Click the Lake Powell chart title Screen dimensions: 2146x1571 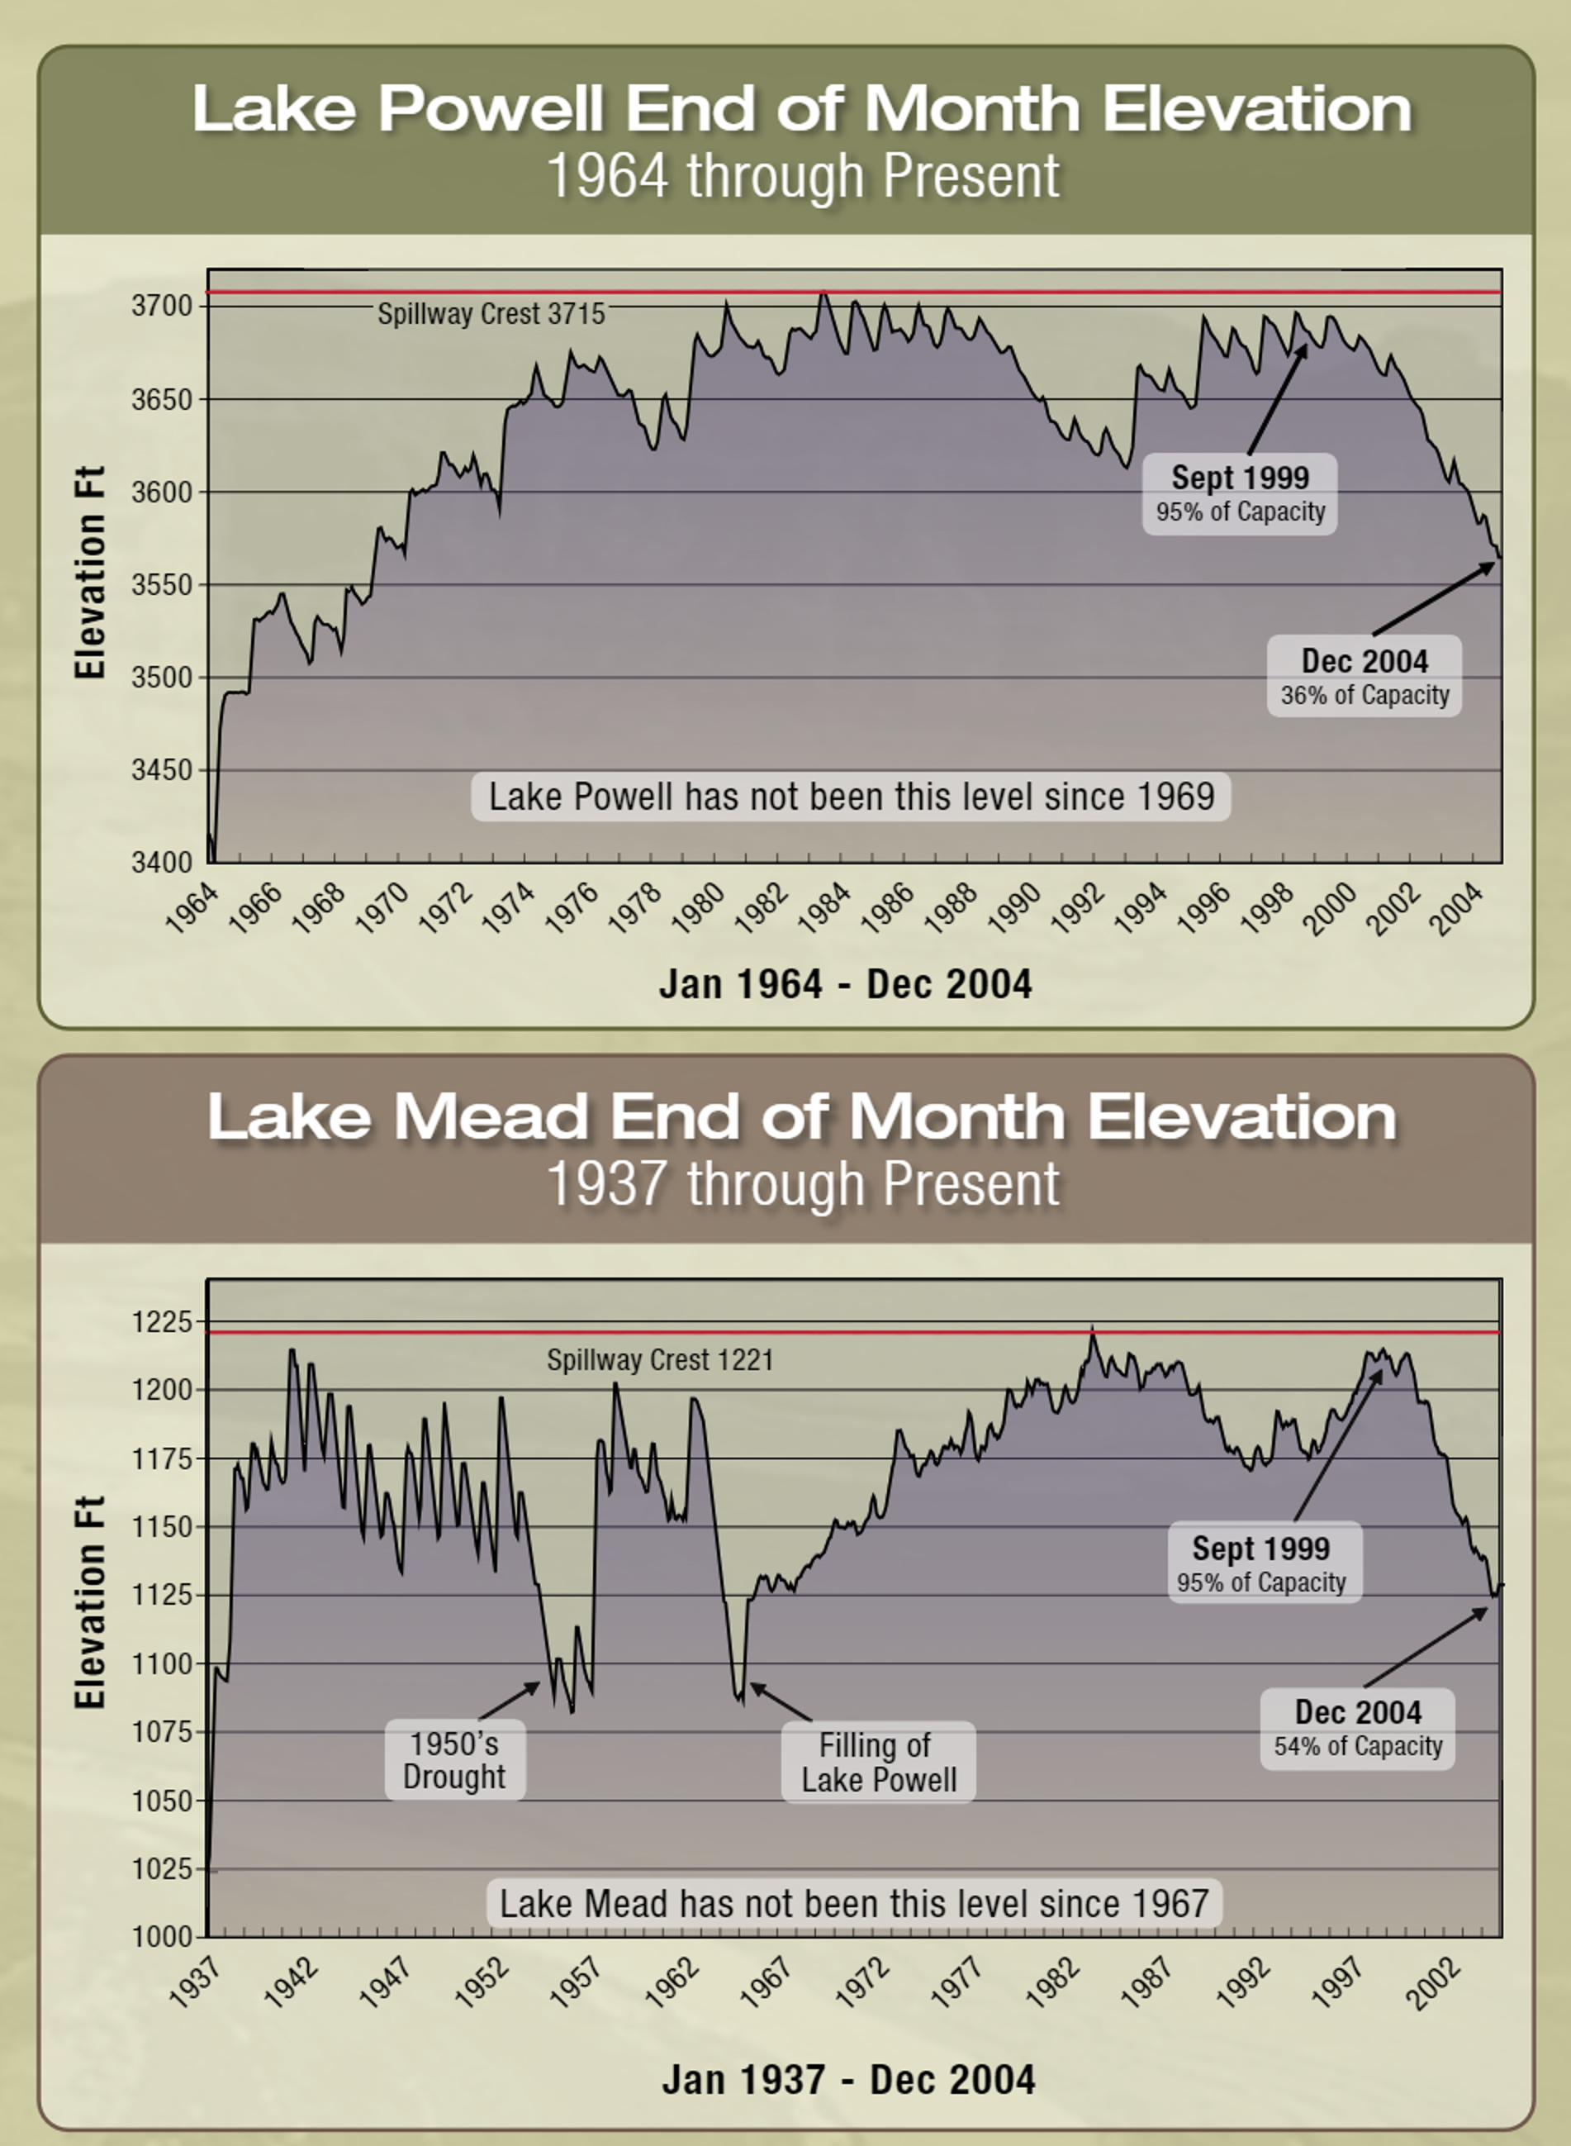coord(802,108)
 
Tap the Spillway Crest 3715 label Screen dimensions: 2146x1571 coord(491,314)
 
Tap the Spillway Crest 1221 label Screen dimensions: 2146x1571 coord(660,1360)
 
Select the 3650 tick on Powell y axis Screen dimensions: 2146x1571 coord(162,399)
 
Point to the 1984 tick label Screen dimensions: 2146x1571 coord(823,907)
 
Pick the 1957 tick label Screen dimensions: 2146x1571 coord(576,1982)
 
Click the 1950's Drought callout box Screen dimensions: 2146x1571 coord(454,1760)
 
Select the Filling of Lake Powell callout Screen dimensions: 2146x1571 coord(878,1762)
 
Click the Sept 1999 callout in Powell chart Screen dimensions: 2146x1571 coord(1239,492)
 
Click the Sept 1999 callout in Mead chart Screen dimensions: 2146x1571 coord(1264,1563)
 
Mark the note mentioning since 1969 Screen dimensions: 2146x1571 coord(850,797)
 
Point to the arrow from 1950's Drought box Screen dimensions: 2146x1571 coord(510,1700)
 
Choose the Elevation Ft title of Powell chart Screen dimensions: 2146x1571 coord(89,573)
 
